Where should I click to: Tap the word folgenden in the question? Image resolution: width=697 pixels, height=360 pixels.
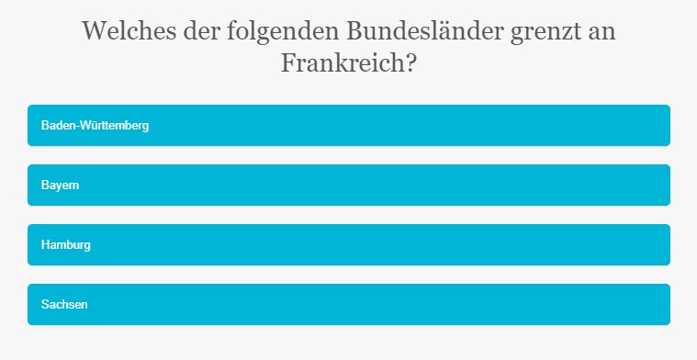point(277,32)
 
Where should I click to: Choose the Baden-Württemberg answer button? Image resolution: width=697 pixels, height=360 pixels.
point(349,125)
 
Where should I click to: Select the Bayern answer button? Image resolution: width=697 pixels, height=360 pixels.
point(349,185)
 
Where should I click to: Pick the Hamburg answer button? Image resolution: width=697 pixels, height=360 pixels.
point(349,244)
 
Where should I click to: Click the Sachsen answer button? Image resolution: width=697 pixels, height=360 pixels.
point(349,304)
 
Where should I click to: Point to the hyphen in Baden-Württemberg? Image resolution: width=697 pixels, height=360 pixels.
point(78,126)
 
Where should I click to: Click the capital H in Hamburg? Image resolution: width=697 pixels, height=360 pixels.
point(45,244)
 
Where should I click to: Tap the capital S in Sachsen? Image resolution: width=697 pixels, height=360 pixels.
point(45,304)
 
